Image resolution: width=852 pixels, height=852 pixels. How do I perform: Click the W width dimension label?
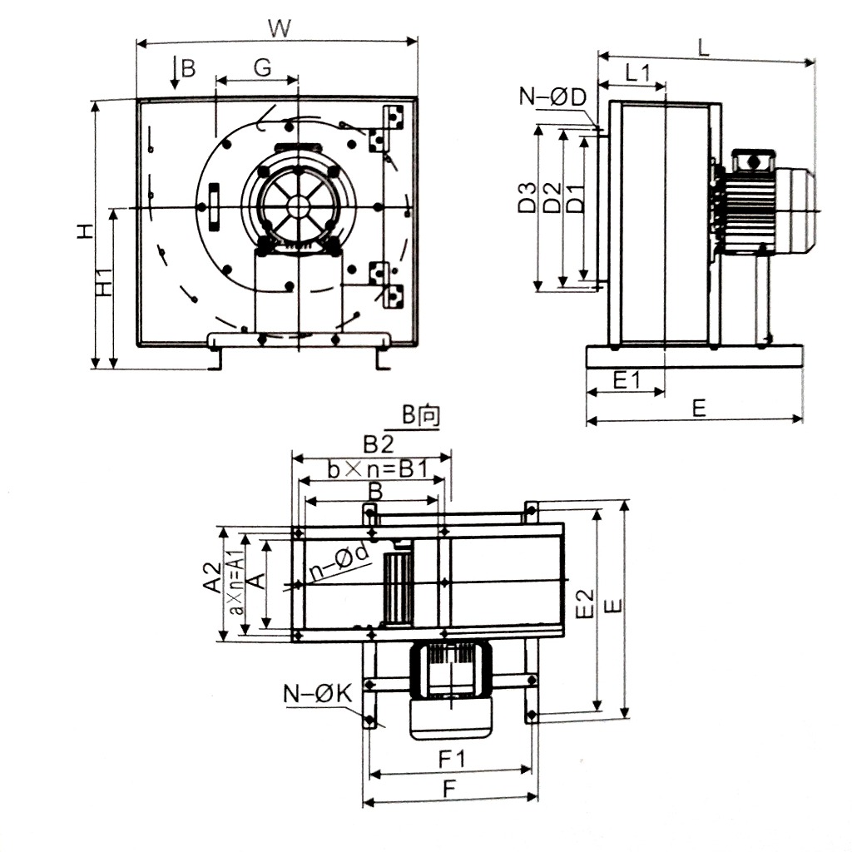coord(280,28)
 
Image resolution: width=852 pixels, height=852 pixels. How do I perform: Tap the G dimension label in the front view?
coord(262,68)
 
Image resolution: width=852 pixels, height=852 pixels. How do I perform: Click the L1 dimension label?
coord(637,72)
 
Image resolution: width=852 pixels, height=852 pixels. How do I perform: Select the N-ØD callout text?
coord(553,97)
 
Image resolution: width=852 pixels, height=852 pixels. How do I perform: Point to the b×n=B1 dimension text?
coord(377,470)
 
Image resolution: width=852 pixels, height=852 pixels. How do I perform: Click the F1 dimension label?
coord(450,759)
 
